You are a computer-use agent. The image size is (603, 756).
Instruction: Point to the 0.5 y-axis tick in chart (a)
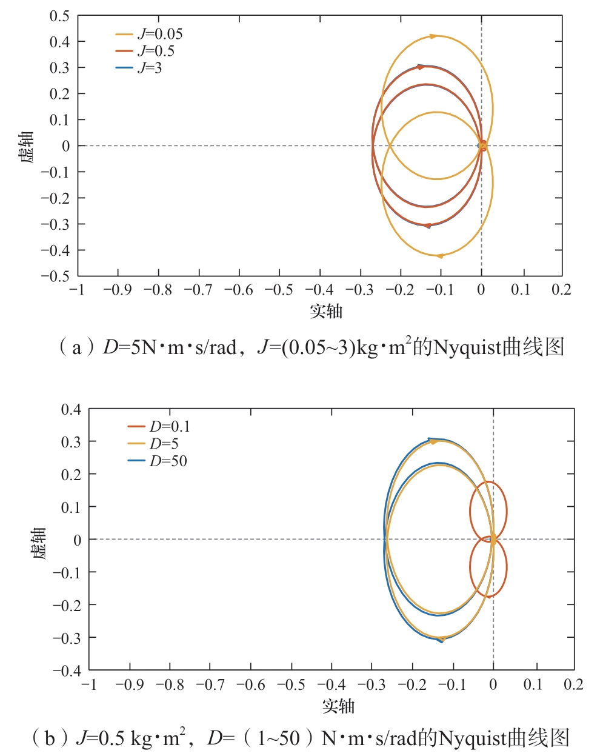coord(59,16)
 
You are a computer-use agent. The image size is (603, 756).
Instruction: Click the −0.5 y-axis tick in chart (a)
coord(55,276)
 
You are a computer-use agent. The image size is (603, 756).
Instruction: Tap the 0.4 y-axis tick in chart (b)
coord(71,409)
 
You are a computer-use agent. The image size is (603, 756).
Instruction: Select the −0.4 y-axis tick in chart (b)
coord(67,670)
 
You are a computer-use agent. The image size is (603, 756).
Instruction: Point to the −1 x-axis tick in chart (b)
coord(89,684)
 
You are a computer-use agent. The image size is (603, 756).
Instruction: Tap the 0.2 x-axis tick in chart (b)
coord(573,684)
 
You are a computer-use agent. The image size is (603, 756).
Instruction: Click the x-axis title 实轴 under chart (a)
coord(327,311)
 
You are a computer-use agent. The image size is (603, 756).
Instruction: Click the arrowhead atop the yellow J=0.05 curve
coord(433,36)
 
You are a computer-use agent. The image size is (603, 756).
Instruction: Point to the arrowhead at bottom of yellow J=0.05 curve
coord(439,256)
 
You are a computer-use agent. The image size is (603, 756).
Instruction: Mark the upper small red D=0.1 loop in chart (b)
coord(488,510)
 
